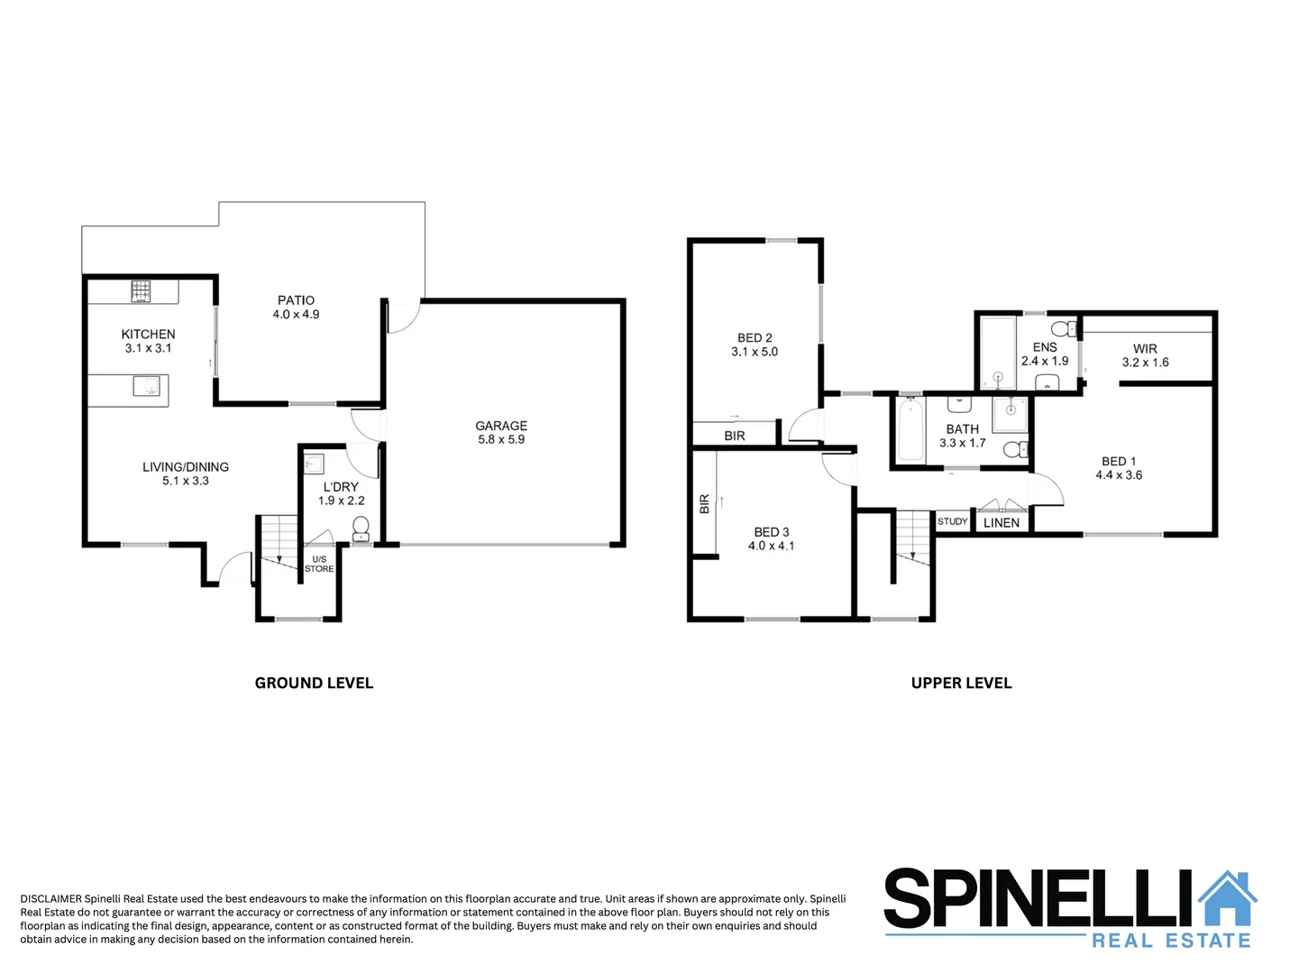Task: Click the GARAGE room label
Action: coord(501,426)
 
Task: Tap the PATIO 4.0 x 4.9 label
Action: coord(296,308)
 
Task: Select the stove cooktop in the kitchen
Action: coord(141,291)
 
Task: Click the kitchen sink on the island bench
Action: coord(146,387)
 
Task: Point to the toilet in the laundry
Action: coord(361,527)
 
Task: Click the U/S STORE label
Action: coord(319,565)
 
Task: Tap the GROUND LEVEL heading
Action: coord(314,684)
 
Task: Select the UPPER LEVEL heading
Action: coord(961,684)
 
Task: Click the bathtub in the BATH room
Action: coord(910,431)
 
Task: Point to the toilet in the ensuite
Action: coord(1065,328)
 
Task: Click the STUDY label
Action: coord(952,522)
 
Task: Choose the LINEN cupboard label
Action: coord(1002,523)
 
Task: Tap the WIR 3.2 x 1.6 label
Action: coord(1145,355)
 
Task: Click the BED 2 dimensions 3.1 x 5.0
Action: coord(755,353)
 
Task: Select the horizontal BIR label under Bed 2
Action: coord(735,436)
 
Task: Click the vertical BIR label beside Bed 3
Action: coord(705,504)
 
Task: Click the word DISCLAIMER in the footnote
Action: coord(50,899)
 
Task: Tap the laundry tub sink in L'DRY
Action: coord(313,464)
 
